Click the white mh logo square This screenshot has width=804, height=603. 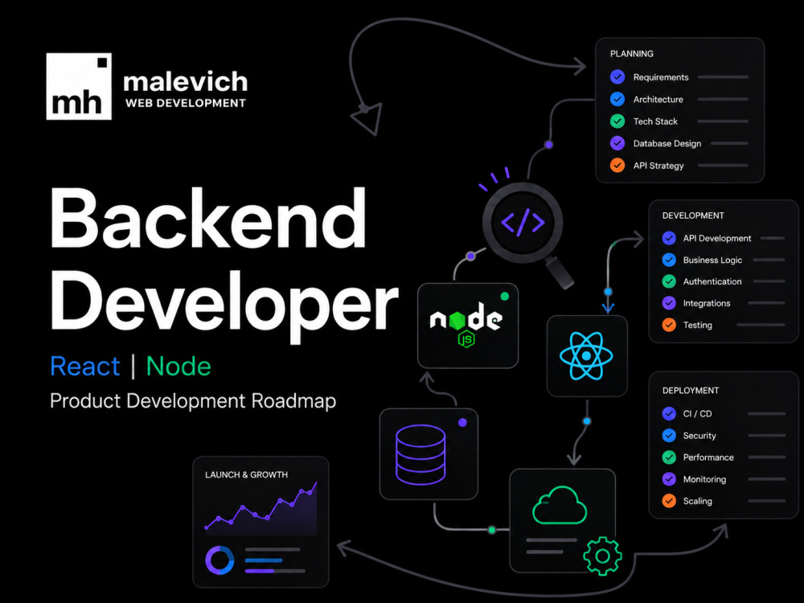tap(79, 86)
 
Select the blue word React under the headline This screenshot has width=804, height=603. tap(85, 366)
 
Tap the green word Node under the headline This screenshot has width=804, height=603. tap(178, 366)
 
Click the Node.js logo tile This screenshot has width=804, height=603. tap(468, 325)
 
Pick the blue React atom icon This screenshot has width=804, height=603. tap(587, 355)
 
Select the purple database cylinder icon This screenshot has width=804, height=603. tap(420, 454)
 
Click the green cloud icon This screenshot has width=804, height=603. tap(560, 506)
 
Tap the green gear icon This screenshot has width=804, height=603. tap(602, 556)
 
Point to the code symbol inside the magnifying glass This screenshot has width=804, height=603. tap(523, 223)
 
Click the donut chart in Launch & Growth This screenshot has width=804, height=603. tap(219, 560)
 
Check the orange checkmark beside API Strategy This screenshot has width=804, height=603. tap(617, 166)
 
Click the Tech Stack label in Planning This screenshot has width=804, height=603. tap(655, 121)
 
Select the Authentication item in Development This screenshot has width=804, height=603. tap(712, 281)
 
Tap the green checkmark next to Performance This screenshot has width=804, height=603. tap(669, 457)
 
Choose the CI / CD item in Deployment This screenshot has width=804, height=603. tap(697, 414)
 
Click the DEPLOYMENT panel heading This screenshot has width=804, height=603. tap(690, 391)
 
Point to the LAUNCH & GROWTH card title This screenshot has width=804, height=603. tap(246, 475)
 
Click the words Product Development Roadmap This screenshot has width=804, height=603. tap(193, 400)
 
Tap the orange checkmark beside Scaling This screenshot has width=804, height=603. tap(669, 500)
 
